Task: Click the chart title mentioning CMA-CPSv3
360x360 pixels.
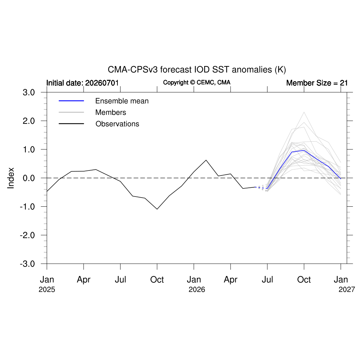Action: (x=197, y=70)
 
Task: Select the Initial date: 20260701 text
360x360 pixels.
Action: (x=82, y=83)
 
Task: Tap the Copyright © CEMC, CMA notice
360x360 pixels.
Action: (x=197, y=82)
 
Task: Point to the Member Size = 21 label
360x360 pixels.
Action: (x=317, y=83)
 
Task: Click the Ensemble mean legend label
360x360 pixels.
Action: (x=122, y=101)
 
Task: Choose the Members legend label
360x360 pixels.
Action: (x=111, y=112)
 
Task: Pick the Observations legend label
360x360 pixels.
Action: (x=117, y=124)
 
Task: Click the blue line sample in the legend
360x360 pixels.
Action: (x=71, y=101)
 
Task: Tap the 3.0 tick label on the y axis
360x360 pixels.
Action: (x=29, y=92)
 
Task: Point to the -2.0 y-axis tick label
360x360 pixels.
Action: (x=27, y=235)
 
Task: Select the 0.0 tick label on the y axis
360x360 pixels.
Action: (x=29, y=178)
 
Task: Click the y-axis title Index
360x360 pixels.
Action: (x=11, y=178)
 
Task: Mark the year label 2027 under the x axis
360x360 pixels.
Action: (x=347, y=290)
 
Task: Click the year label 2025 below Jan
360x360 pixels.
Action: (x=47, y=290)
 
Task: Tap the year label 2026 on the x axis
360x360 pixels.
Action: (x=197, y=290)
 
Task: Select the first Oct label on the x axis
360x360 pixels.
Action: (x=157, y=279)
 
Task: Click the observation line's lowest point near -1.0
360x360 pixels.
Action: (x=157, y=209)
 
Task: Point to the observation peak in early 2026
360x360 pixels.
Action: (x=206, y=160)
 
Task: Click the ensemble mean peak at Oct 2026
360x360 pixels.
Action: (x=304, y=150)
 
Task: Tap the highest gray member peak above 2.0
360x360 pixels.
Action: (x=304, y=112)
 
